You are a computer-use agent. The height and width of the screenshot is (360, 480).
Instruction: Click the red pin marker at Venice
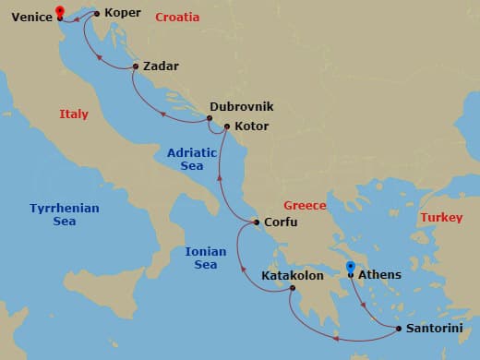(60, 12)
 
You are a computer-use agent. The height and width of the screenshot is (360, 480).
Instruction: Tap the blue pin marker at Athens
(350, 270)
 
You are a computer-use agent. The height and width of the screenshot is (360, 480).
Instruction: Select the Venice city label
(31, 15)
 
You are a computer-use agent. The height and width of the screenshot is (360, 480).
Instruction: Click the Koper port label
(123, 14)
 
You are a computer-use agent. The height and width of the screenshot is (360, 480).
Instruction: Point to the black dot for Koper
(97, 14)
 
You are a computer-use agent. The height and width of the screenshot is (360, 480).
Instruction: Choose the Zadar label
(161, 66)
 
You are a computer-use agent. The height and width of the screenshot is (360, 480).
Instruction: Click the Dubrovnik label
(242, 107)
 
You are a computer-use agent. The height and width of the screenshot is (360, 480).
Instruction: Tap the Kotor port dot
(226, 126)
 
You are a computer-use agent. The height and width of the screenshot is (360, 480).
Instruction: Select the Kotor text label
(252, 126)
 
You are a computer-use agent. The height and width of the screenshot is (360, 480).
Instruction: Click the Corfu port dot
(256, 222)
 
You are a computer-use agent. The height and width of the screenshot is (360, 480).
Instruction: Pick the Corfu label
(281, 222)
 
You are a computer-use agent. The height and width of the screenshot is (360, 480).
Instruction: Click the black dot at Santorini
(398, 328)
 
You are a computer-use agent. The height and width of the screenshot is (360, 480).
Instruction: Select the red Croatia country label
(177, 18)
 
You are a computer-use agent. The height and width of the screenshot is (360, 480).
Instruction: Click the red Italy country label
(74, 114)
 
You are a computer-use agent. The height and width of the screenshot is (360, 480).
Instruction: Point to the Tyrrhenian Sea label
(64, 215)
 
